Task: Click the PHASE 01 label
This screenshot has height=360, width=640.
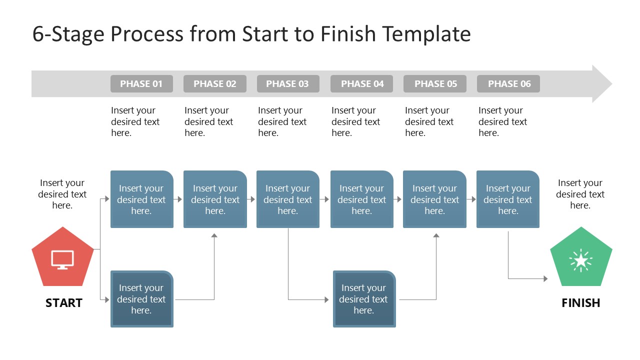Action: (x=141, y=84)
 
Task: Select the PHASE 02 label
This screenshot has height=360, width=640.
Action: (x=215, y=84)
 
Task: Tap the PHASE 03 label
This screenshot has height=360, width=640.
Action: (x=287, y=84)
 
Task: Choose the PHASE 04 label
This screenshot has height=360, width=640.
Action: (x=362, y=84)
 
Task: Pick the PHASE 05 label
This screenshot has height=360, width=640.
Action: (x=435, y=84)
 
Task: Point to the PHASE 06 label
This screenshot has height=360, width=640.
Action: (x=508, y=84)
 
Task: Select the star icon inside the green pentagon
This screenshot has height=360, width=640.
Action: (x=581, y=260)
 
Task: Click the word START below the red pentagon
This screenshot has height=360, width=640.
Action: (x=63, y=303)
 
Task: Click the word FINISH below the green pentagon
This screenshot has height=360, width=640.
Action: (x=581, y=303)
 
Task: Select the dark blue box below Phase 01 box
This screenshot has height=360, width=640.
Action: (x=141, y=299)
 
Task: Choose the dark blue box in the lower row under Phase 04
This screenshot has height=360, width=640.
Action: (x=364, y=299)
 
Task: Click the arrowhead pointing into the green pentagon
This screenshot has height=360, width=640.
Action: (x=545, y=278)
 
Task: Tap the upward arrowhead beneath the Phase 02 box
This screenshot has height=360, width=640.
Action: (x=214, y=235)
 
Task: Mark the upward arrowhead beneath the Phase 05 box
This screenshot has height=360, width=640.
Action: (x=436, y=235)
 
